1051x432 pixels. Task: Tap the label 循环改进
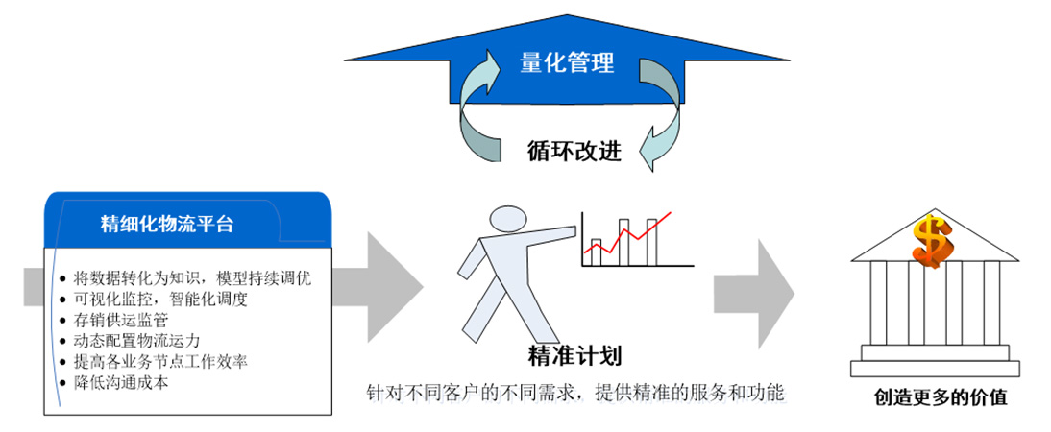pyautogui.click(x=574, y=151)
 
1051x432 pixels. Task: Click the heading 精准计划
pyautogui.click(x=574, y=357)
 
